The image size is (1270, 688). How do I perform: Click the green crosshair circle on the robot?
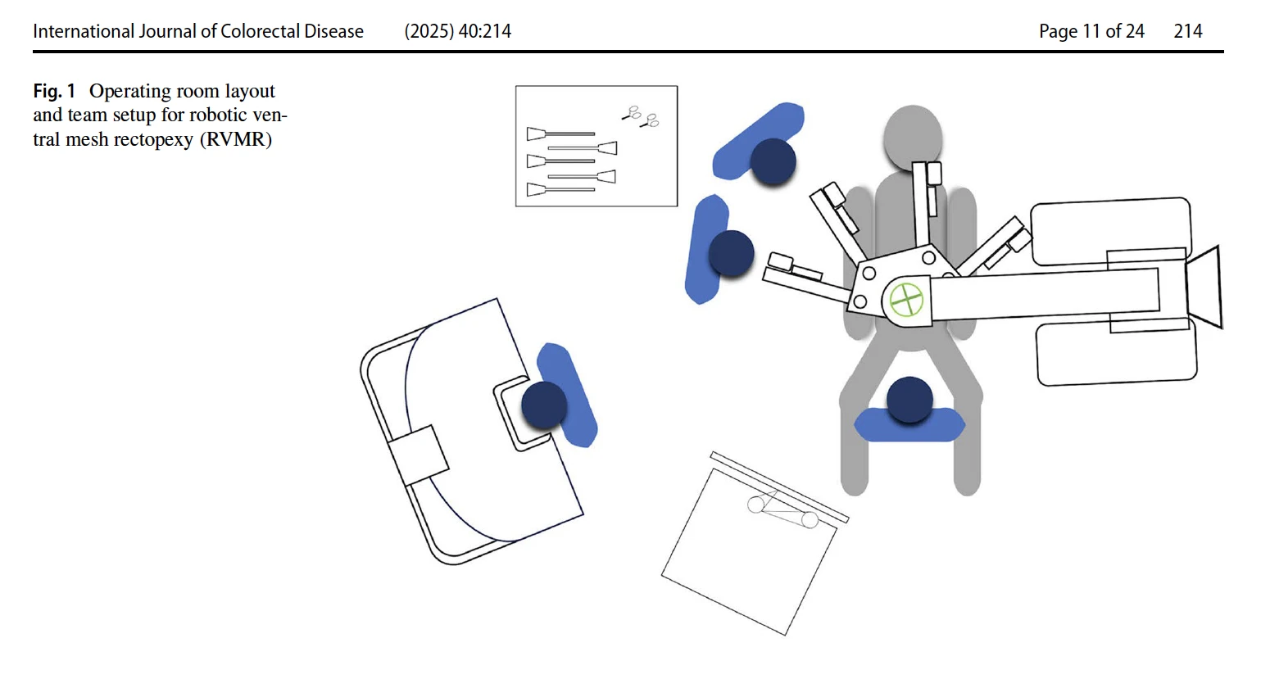pos(906,301)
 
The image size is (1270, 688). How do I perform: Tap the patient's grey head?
pos(912,137)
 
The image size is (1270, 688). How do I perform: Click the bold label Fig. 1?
pos(54,91)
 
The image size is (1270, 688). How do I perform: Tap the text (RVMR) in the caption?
pos(236,139)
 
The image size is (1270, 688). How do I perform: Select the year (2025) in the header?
pos(429,31)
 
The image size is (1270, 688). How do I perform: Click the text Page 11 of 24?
pos(1091,31)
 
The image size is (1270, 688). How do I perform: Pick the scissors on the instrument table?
pos(641,116)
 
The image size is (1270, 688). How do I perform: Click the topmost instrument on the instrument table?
pos(560,134)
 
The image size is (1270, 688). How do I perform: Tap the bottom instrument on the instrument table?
pos(560,189)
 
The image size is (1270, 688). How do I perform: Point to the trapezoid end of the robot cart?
pos(1204,287)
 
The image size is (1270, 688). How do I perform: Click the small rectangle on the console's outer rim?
pos(419,455)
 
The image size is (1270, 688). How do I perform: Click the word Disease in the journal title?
pos(333,31)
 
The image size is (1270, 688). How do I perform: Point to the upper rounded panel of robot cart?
pos(1111,231)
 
